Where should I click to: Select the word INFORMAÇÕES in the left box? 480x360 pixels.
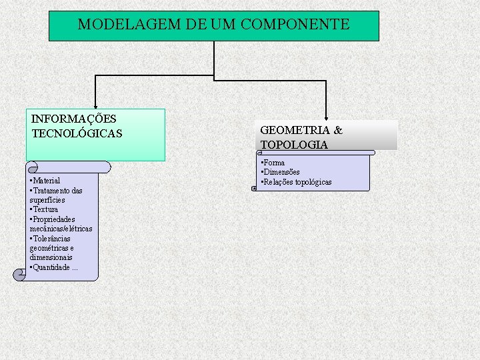coord(73,119)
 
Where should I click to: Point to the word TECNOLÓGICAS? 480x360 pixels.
coord(77,133)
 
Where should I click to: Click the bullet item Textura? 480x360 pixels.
coord(45,209)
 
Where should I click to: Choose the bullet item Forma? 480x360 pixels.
coord(273,163)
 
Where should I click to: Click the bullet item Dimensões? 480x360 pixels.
coord(281,172)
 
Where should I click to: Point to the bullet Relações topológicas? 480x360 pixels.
coord(297,182)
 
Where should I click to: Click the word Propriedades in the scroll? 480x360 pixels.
coord(53,219)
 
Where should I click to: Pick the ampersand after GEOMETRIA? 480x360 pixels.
coord(338,130)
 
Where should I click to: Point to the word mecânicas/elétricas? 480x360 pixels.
coord(61,229)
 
